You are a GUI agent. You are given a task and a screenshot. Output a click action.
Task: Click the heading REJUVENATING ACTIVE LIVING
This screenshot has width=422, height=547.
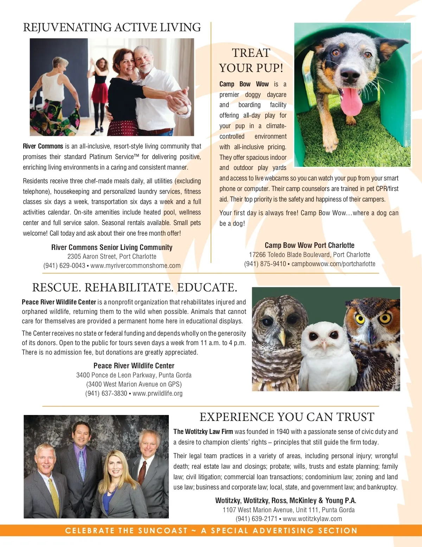click(x=112, y=27)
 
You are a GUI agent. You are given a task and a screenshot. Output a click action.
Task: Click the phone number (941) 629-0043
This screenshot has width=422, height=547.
click(x=64, y=266)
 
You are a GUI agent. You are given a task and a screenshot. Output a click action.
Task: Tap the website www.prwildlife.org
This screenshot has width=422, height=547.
click(x=158, y=394)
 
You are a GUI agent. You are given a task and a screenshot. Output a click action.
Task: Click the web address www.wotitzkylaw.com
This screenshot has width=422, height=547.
click(x=312, y=519)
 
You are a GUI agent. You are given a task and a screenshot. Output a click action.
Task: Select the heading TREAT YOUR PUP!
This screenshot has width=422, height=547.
click(x=251, y=60)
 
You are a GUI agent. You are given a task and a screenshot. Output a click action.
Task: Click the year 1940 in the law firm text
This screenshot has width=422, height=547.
click(x=283, y=431)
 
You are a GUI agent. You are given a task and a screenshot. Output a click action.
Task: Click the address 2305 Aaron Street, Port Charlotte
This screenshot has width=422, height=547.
click(x=112, y=257)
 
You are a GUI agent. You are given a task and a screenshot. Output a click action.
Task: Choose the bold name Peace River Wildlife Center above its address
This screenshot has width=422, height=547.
click(x=134, y=366)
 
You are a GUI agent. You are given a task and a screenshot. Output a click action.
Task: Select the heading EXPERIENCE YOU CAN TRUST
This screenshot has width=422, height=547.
click(x=287, y=417)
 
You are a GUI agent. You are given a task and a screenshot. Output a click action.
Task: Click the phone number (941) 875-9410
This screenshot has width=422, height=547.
click(x=265, y=264)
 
